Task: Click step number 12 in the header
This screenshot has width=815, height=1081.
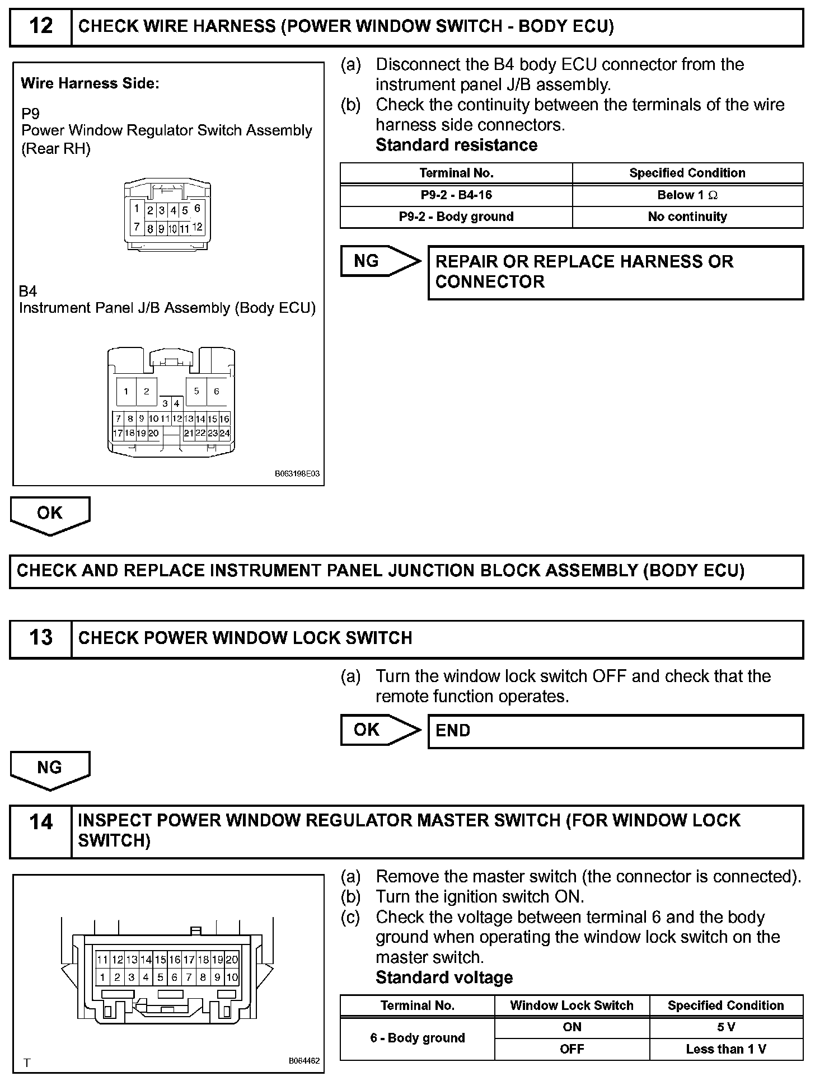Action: click(x=41, y=26)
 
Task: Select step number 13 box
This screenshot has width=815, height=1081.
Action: click(x=41, y=638)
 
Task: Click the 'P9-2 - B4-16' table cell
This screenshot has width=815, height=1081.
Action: click(x=456, y=195)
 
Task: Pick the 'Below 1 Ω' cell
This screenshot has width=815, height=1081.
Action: click(x=687, y=195)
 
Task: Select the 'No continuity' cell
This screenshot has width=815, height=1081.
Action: click(x=687, y=217)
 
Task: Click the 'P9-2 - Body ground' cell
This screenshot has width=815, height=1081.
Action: click(x=456, y=217)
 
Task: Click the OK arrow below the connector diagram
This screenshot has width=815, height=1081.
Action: click(x=50, y=514)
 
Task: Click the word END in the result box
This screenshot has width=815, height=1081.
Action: click(x=453, y=731)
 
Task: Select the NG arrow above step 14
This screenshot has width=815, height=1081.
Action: click(x=50, y=768)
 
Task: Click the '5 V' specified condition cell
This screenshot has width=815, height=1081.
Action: click(x=726, y=1027)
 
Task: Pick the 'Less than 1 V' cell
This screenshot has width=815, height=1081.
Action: click(x=726, y=1049)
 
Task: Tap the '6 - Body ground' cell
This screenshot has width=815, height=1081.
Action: click(x=418, y=1038)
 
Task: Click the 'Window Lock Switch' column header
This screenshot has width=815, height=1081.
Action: click(x=572, y=1005)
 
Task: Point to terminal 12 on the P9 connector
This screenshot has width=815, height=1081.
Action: click(x=197, y=227)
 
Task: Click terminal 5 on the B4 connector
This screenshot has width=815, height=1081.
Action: click(x=196, y=391)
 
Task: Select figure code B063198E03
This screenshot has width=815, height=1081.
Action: click(x=297, y=473)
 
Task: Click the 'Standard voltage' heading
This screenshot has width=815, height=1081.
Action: click(x=444, y=977)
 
